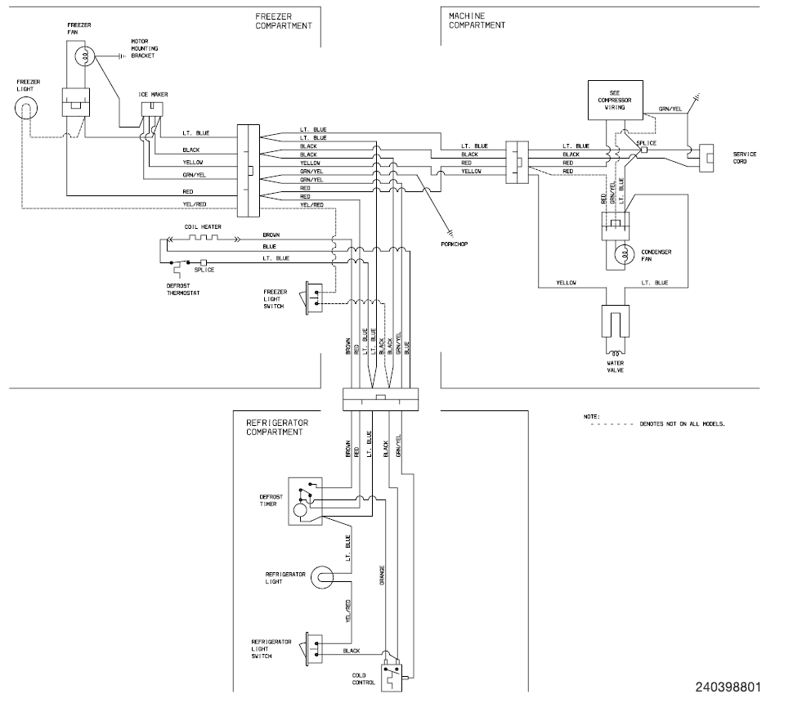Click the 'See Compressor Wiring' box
tap(616, 99)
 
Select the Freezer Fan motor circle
tap(83, 56)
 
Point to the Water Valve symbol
tap(615, 323)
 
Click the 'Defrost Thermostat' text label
tap(184, 289)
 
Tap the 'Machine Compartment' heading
tap(477, 20)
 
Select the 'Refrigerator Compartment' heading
tap(276, 428)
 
